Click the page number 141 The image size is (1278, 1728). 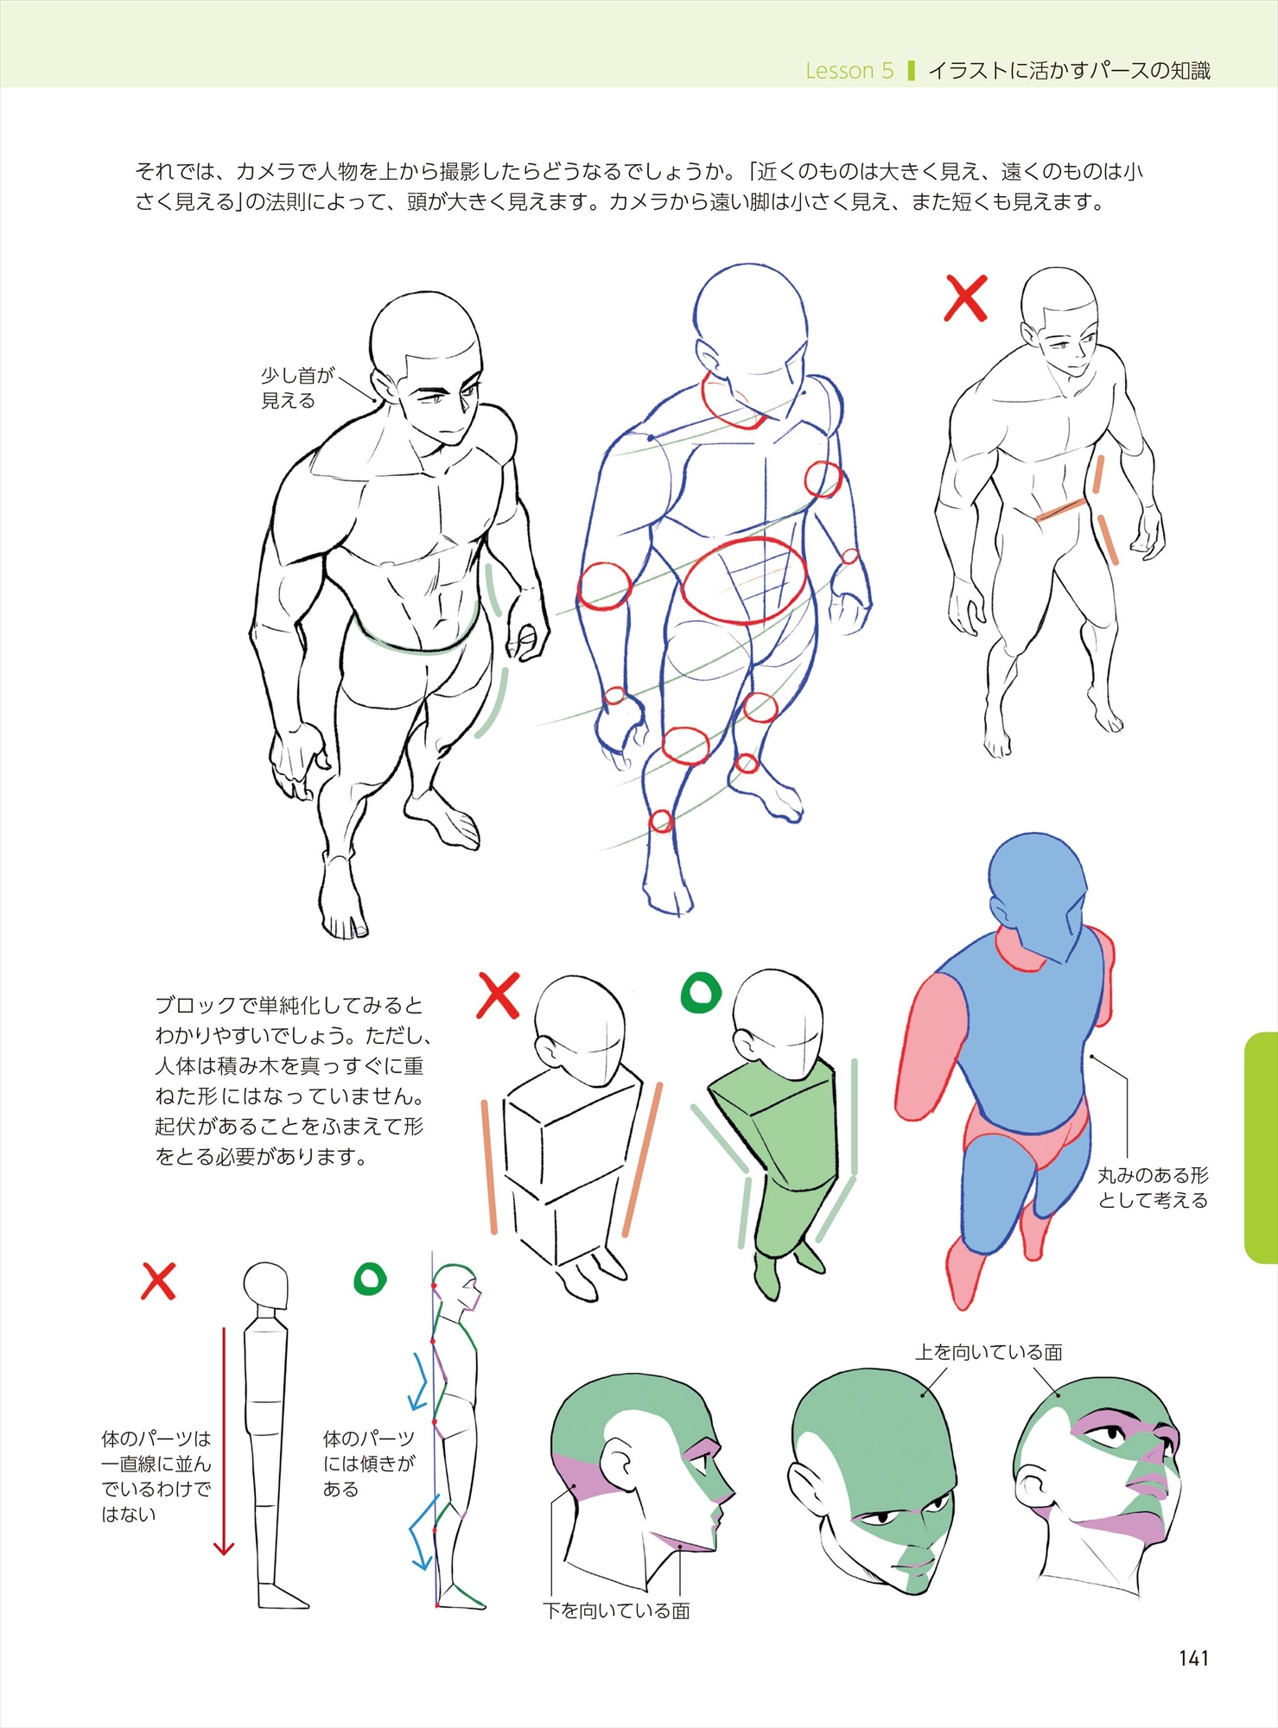tap(1193, 1658)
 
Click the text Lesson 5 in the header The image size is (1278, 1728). tap(849, 71)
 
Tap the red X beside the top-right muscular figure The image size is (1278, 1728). tap(965, 298)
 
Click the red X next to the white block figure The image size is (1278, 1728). tap(499, 995)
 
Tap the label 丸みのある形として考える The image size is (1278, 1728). tap(1153, 1187)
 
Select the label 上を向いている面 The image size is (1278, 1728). tap(989, 1352)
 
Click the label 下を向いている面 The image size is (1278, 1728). tap(616, 1611)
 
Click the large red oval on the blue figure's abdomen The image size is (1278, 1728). tap(743, 581)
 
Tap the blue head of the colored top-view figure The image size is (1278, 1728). tap(1037, 899)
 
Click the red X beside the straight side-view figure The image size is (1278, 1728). tap(158, 1281)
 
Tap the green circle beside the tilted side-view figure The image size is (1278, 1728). tap(370, 1279)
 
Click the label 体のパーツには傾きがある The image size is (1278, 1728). tap(369, 1464)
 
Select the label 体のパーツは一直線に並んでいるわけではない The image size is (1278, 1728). tap(156, 1477)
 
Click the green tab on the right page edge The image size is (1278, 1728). tap(1261, 1147)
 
